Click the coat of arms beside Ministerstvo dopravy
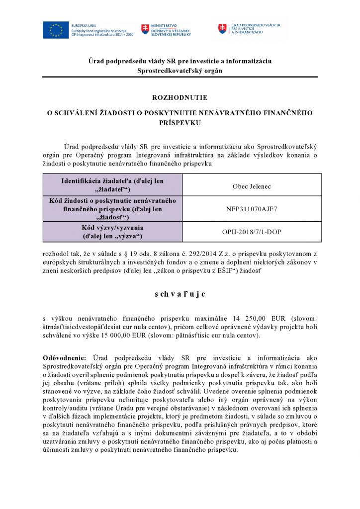pos(145,29)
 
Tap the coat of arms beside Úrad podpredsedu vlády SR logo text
pos(223,28)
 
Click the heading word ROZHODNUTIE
pos(180,97)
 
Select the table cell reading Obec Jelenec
pos(252,186)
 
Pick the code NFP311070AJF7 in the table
pos(252,209)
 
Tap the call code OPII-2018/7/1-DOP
pos(252,232)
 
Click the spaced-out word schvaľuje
pos(180,294)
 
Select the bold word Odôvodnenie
pos(64,357)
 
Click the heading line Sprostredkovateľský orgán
pos(180,71)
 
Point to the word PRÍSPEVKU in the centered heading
pos(180,122)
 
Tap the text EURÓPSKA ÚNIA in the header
pos(84,24)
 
